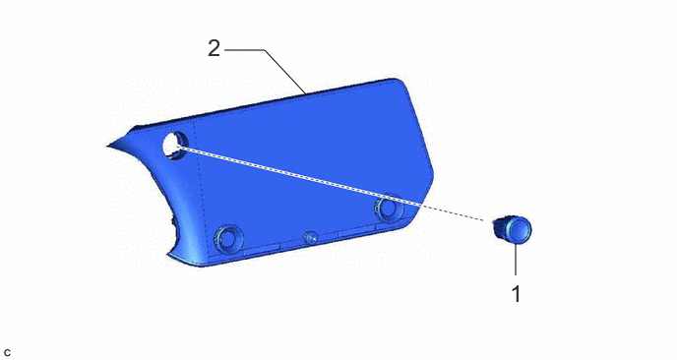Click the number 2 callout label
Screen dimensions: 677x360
(x=214, y=48)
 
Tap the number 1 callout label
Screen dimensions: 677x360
(x=517, y=294)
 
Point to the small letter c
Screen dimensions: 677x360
(x=7, y=353)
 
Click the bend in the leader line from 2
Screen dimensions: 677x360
(x=265, y=50)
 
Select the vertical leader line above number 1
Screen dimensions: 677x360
(x=516, y=258)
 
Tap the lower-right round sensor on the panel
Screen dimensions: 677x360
(x=388, y=208)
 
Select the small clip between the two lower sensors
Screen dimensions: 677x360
(x=310, y=237)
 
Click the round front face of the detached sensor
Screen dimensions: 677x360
(x=519, y=228)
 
